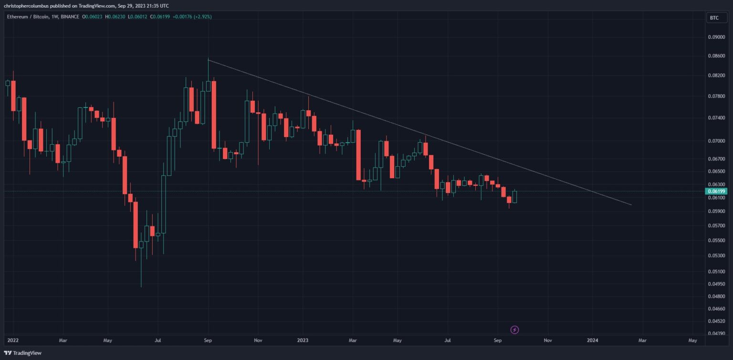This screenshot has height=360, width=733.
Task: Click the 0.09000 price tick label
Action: pyautogui.click(x=716, y=37)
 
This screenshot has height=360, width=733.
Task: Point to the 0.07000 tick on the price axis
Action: pyautogui.click(x=716, y=141)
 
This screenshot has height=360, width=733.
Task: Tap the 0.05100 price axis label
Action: pyautogui.click(x=716, y=272)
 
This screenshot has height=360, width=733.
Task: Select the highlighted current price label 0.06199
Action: pyautogui.click(x=716, y=191)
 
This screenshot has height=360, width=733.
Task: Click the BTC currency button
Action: pyautogui.click(x=714, y=18)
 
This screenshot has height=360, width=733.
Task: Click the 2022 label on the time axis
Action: pyautogui.click(x=13, y=340)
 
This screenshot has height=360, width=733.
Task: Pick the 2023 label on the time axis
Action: pyautogui.click(x=303, y=340)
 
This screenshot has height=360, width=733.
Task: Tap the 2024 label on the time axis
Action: pyautogui.click(x=592, y=340)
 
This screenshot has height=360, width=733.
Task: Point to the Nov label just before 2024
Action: pyautogui.click(x=547, y=340)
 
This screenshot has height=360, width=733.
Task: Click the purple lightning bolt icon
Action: pyautogui.click(x=515, y=329)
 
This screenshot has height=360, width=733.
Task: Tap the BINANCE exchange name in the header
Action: pyautogui.click(x=71, y=17)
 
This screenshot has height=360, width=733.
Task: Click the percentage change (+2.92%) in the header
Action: pyautogui.click(x=201, y=17)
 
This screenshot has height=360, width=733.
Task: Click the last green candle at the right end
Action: pyautogui.click(x=514, y=197)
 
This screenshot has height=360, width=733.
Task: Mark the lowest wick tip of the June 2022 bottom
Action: pyautogui.click(x=141, y=287)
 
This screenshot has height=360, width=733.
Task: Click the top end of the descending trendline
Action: pyautogui.click(x=209, y=61)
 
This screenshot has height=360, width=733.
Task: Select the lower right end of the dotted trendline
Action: pyautogui.click(x=631, y=205)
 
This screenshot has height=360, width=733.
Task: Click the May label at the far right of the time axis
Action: pyautogui.click(x=693, y=340)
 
